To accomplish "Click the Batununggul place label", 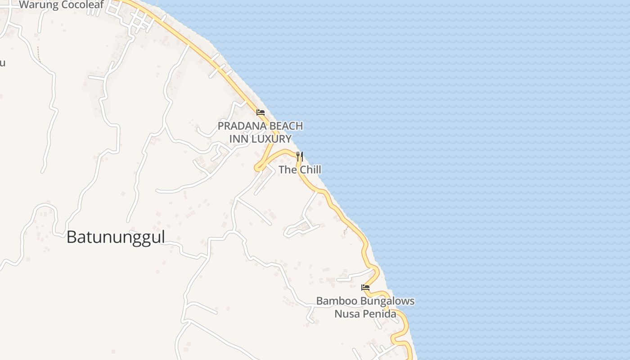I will tap(116, 237).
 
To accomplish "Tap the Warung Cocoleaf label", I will tap(61, 5).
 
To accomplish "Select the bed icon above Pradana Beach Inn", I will tap(260, 112).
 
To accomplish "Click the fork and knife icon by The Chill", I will tap(299, 157).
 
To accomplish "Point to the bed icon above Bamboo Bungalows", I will tap(365, 287).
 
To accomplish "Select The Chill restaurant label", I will tap(300, 170).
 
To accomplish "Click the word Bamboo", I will tap(335, 301).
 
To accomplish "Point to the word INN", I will tap(238, 139).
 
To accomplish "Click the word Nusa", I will tap(345, 314).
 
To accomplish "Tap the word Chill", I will tap(309, 170).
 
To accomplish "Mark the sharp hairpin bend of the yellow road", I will tap(258, 168).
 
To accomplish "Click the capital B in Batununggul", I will tap(71, 237).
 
